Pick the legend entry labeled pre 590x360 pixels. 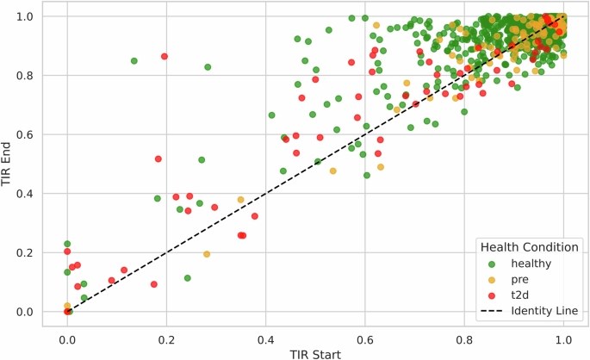pos(522,279)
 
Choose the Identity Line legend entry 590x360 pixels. pos(546,310)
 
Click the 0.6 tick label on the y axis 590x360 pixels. pos(29,134)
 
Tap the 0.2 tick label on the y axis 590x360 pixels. pos(29,252)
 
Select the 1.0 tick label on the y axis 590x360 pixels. pos(29,16)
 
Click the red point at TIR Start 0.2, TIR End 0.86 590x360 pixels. pos(165,57)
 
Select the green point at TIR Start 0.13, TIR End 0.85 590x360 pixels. pos(134,61)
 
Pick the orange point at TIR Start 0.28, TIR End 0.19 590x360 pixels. pos(207,254)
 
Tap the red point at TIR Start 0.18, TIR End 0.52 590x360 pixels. pos(158,158)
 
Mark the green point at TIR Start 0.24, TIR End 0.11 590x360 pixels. pos(187,278)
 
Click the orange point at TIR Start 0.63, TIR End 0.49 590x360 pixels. pos(380,167)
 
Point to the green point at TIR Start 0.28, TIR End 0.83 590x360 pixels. pos(208,67)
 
